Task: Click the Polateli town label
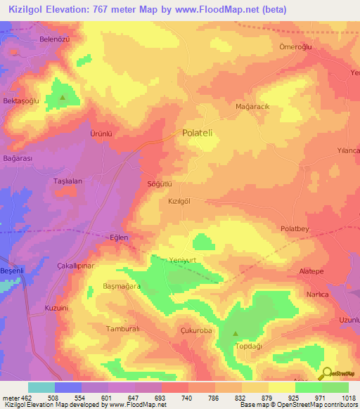202,132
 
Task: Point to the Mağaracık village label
253,107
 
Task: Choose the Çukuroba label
197,330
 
